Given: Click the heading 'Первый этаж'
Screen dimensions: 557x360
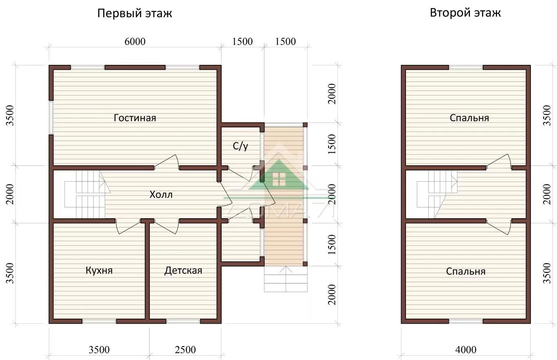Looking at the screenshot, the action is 135,13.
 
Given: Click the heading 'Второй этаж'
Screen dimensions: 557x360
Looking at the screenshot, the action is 465,13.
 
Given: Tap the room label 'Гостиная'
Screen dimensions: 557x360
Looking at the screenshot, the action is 135,118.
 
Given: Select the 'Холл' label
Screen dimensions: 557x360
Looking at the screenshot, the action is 161,194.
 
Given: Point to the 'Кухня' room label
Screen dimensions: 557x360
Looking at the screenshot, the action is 99,270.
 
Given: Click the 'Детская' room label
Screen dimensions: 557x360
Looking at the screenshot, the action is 183,271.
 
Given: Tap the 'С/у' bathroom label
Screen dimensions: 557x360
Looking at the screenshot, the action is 240,146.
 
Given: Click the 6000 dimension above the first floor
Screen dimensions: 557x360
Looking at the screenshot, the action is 135,41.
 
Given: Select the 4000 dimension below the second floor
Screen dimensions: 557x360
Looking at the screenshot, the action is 466,350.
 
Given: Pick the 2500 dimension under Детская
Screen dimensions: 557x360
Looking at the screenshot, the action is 185,350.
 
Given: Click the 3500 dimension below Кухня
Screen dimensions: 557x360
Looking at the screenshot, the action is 99,350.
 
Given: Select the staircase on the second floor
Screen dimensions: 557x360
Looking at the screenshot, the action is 437,194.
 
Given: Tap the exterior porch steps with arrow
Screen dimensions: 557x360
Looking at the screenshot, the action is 286,279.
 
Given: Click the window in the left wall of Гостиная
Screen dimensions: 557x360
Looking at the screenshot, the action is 51,118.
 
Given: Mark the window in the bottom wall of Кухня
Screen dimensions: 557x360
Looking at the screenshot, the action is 99,322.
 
